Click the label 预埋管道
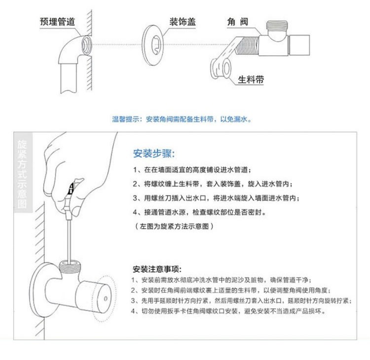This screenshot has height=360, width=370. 57,22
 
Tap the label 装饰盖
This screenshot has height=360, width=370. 183,22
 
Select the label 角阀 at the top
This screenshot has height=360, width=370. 238,22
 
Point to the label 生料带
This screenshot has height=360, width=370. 251,80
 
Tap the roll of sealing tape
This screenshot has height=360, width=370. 221,69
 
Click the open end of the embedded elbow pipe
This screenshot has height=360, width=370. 87,44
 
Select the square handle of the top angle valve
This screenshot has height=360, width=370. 299,45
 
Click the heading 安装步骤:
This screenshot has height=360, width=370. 154,154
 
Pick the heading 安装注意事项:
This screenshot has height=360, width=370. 157,269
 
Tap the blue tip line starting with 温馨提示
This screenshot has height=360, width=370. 182,120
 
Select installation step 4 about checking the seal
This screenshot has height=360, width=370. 199,212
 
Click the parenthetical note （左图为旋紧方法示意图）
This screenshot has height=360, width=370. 174,226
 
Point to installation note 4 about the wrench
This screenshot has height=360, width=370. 228,311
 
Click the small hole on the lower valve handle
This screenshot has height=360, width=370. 106,299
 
